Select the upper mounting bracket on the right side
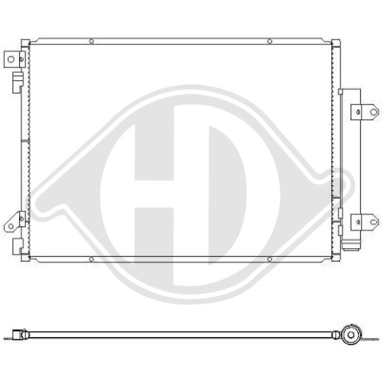365,112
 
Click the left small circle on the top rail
91,41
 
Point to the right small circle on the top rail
269,41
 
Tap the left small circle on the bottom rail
91,259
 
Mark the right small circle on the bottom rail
269,259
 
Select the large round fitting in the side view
351,335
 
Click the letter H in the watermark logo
155,195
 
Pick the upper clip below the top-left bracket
18,81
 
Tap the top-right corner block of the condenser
336,43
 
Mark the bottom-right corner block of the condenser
336,258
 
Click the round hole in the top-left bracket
11,59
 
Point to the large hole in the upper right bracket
373,112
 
